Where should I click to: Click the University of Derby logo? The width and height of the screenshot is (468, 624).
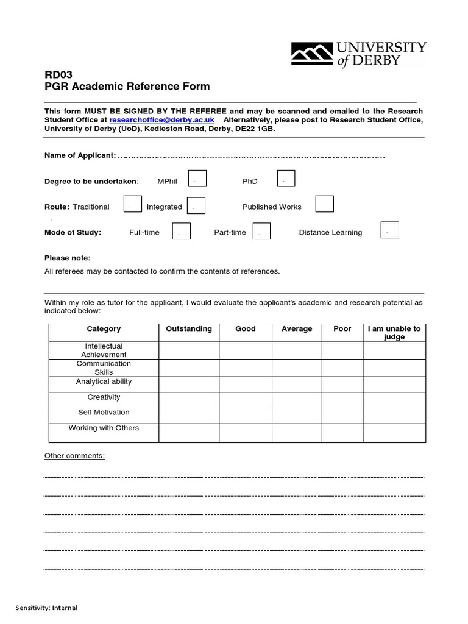pos(358,54)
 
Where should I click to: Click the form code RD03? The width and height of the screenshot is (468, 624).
pos(58,74)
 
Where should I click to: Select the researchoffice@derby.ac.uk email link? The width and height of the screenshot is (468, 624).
pos(161,121)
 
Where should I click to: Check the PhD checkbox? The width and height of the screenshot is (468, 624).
pos(286,179)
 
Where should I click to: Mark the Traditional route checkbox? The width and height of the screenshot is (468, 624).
pos(133,205)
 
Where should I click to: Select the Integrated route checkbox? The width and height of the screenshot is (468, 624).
pos(196,205)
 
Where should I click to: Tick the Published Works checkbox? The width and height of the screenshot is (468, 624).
pos(324,204)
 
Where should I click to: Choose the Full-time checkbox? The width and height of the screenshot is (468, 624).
pos(182,231)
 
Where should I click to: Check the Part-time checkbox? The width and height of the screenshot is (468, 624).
pos(261,231)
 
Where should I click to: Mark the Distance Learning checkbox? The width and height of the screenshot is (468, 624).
pos(389,230)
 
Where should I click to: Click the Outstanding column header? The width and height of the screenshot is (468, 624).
pos(189,329)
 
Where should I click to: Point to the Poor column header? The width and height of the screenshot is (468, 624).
pos(342,329)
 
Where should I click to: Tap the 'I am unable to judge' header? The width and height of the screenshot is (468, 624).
pos(394,333)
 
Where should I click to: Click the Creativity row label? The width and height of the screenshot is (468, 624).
pos(104,397)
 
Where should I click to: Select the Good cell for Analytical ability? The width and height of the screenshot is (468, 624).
pos(246,384)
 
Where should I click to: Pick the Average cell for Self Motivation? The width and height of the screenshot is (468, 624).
pos(297,416)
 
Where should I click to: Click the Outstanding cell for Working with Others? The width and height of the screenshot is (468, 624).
pos(189,432)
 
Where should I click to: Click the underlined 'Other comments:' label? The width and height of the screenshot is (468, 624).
pos(75,456)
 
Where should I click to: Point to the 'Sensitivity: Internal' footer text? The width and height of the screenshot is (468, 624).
pos(47,608)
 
